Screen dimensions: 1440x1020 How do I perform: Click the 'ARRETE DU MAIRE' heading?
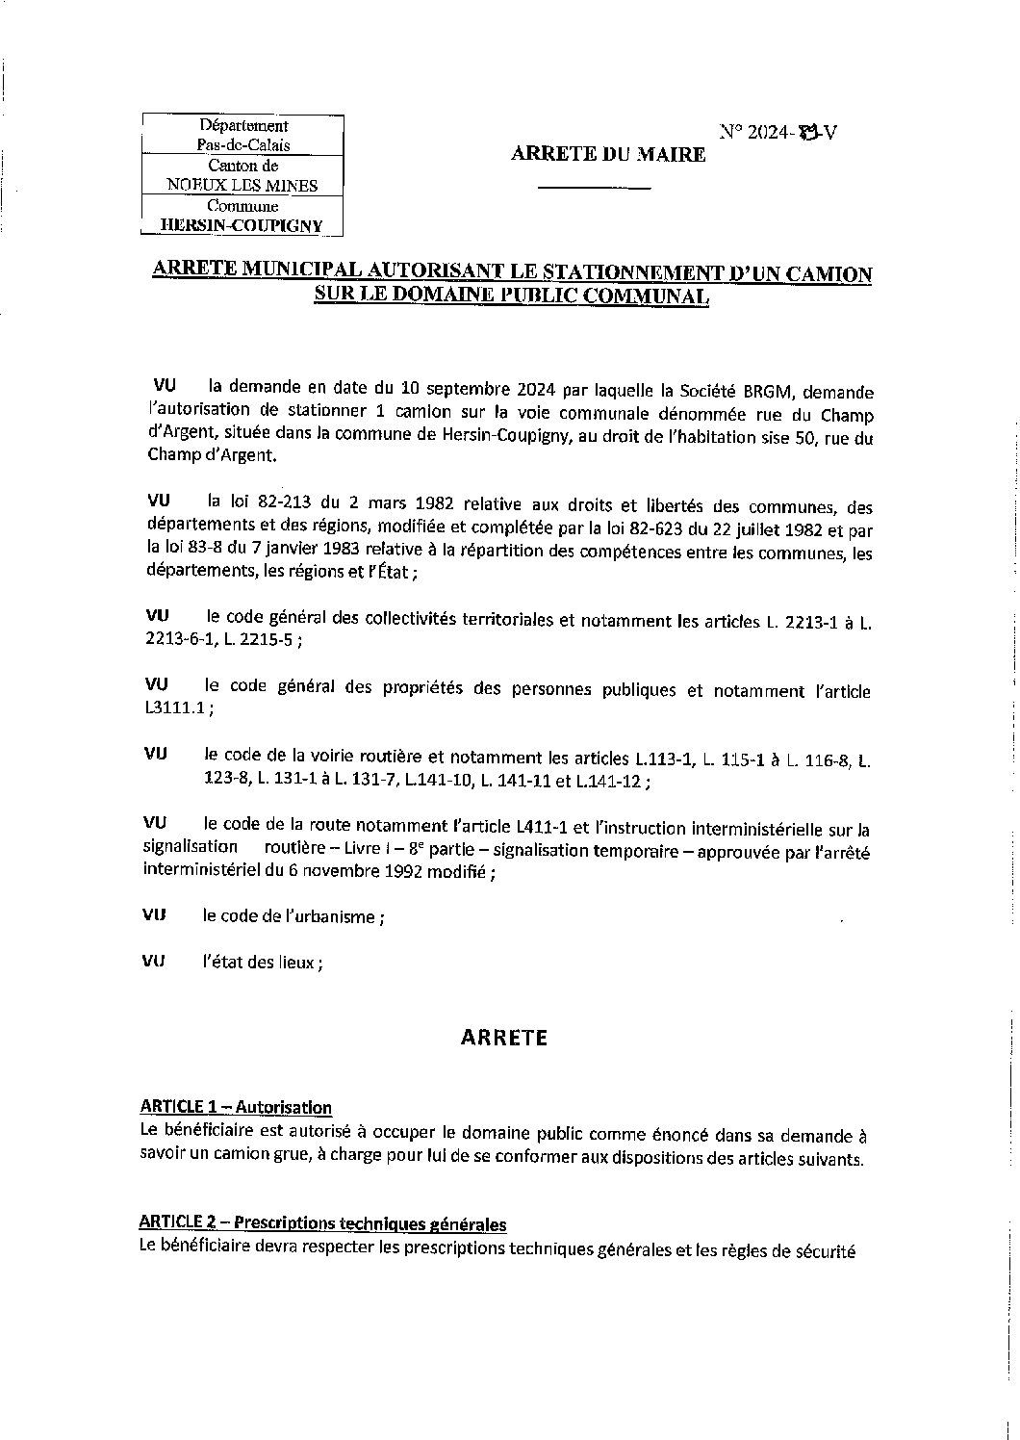pos(607,154)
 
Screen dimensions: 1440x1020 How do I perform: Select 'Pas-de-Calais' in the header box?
pos(242,145)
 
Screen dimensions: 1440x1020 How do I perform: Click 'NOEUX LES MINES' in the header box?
pos(242,186)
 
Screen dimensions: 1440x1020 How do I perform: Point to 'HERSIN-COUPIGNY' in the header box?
pos(242,226)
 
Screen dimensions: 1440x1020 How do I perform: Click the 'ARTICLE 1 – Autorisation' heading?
pos(236,1107)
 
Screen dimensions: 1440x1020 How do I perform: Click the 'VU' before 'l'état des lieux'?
pos(154,961)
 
